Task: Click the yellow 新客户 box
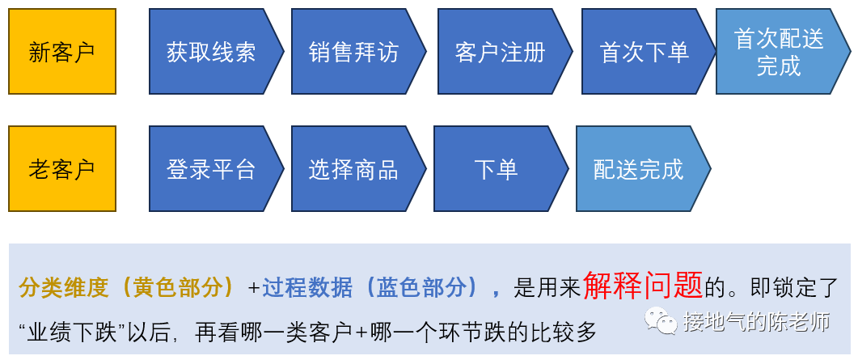pos(62,52)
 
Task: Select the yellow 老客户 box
pos(62,168)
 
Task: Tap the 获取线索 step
pos(216,52)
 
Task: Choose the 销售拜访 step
pos(358,52)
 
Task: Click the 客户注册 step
pos(505,52)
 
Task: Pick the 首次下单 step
pos(649,52)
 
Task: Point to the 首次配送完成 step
pos(783,52)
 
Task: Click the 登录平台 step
pos(216,168)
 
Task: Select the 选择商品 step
pos(358,168)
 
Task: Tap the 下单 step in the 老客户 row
pos(501,168)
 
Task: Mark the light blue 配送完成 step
pos(643,168)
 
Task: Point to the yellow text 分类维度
pos(65,288)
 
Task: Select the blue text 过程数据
pos(307,288)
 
